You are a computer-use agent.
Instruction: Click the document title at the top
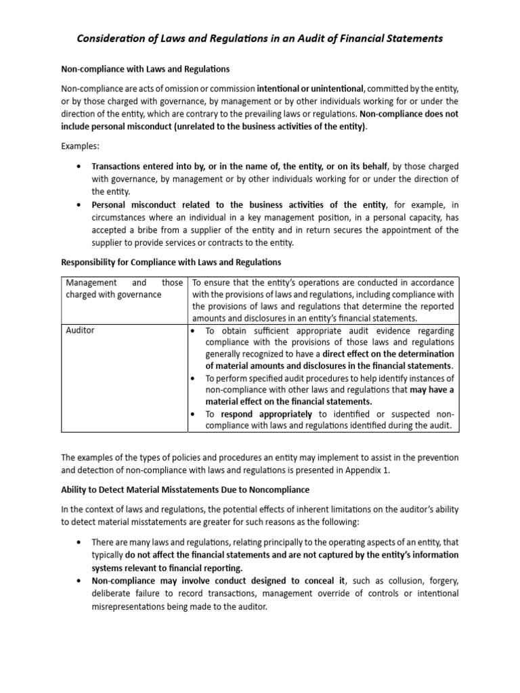[259, 39]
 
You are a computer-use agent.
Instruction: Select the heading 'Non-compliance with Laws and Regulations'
[146, 69]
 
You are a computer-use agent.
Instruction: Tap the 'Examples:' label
[80, 146]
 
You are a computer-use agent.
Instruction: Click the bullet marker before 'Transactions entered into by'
[81, 166]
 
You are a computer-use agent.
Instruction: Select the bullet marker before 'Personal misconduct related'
[81, 205]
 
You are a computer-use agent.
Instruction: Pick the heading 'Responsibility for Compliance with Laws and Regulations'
[171, 262]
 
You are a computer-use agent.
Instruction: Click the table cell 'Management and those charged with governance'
[124, 288]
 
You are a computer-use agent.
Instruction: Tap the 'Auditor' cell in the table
[81, 330]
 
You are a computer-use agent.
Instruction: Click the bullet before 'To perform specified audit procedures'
[194, 378]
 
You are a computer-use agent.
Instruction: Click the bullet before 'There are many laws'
[81, 542]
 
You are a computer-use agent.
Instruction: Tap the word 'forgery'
[439, 581]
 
